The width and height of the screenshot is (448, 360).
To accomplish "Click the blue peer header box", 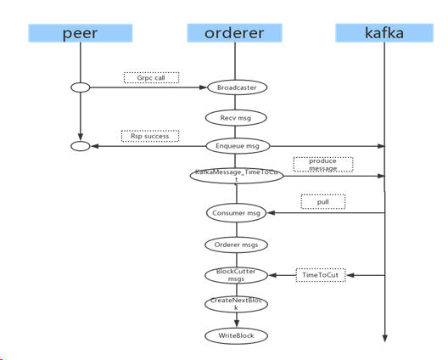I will [79, 33].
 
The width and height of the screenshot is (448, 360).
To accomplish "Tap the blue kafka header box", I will [384, 33].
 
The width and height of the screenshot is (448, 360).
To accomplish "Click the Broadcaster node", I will [237, 87].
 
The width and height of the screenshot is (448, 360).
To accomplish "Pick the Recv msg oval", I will [237, 116].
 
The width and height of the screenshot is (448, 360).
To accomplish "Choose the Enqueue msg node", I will [237, 146].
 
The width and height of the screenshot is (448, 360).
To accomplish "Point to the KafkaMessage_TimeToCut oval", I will [237, 176].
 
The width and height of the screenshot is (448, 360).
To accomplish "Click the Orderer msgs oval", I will [237, 244].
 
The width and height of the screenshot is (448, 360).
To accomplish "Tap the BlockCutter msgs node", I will [237, 274].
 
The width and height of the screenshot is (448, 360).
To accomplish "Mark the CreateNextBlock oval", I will [237, 305].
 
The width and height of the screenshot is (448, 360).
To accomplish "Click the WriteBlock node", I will [237, 335].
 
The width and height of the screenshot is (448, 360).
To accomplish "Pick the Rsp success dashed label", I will [150, 136].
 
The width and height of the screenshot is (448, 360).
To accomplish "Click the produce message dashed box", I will [322, 165].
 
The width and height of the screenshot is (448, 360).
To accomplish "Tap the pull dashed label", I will [322, 202].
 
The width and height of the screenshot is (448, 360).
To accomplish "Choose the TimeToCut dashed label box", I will [321, 274].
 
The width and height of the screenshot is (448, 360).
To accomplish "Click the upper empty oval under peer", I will [79, 87].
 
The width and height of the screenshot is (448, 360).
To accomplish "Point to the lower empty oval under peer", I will [79, 146].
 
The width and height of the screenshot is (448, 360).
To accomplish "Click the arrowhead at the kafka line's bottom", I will [384, 338].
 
